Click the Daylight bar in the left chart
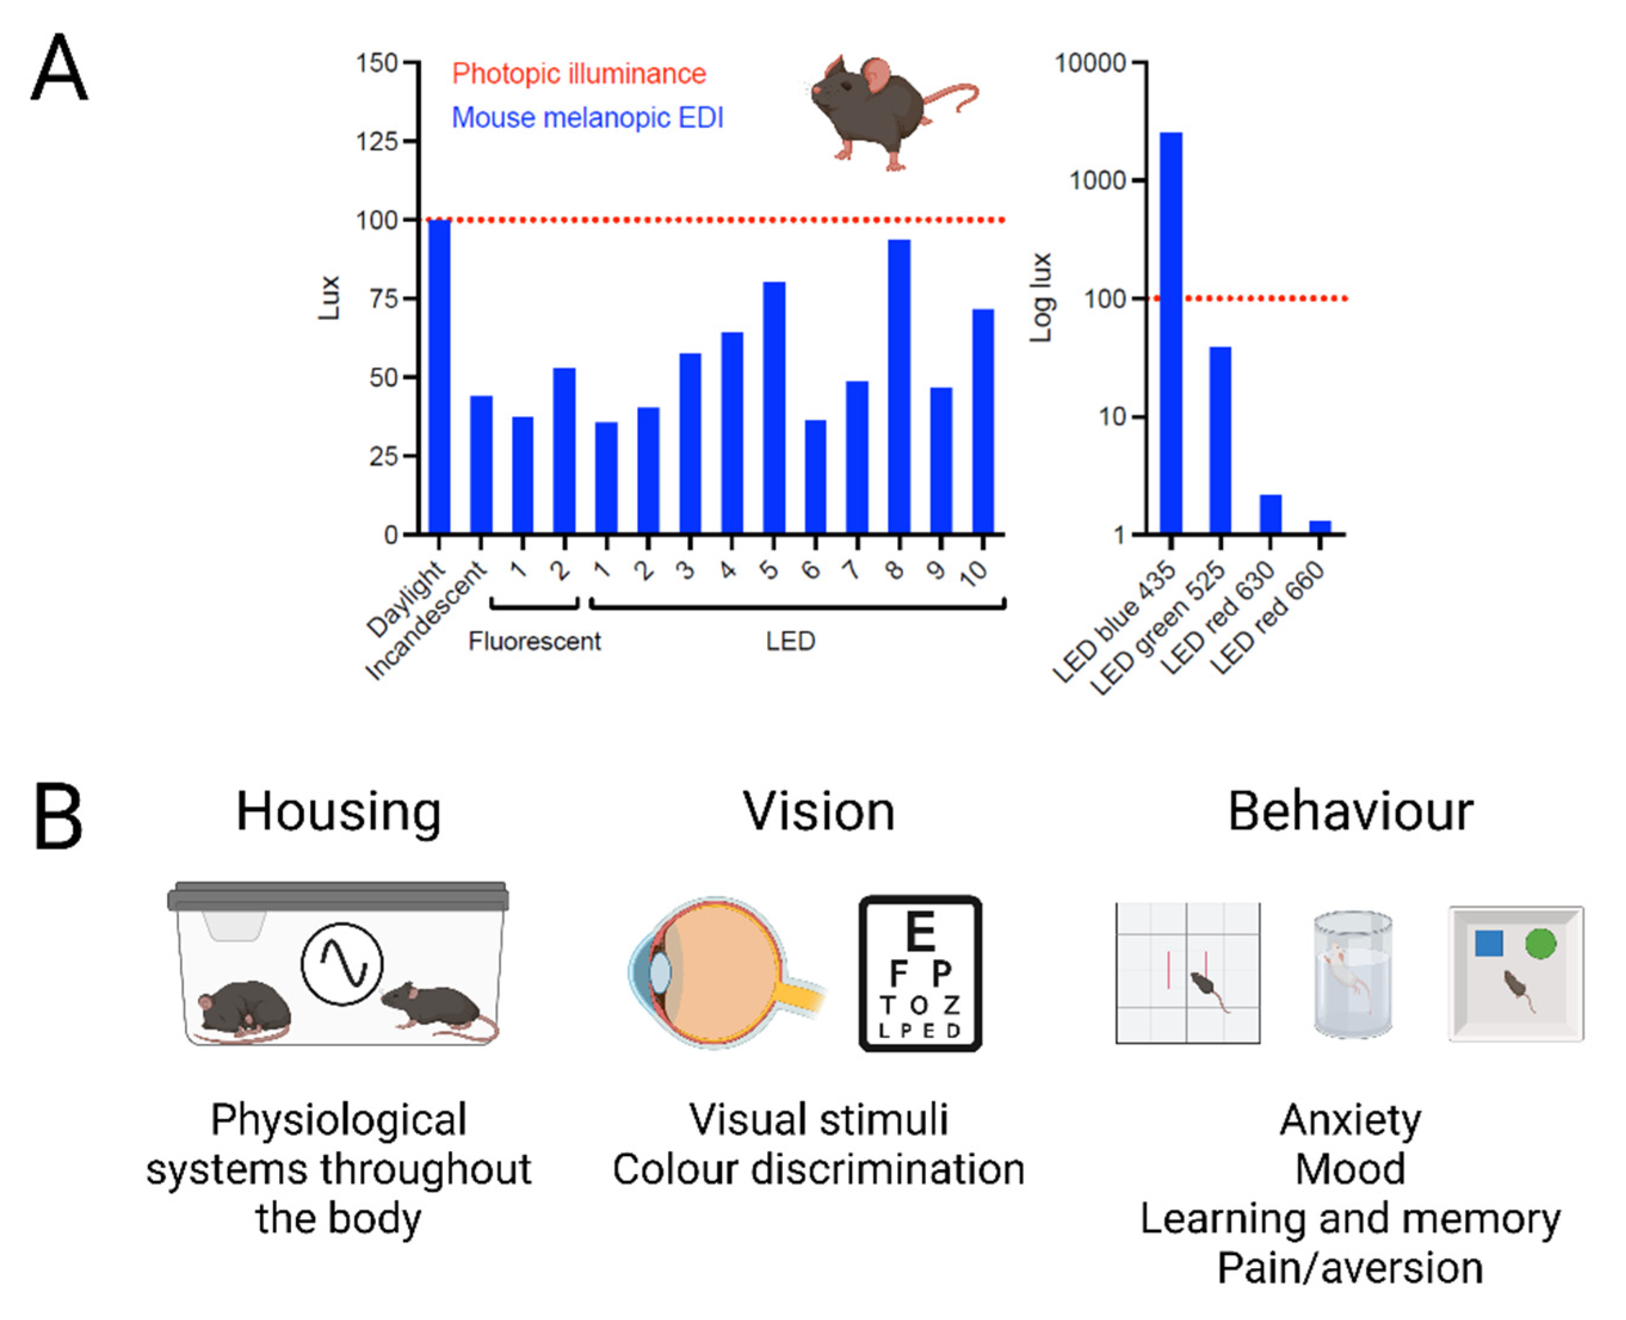pos(439,376)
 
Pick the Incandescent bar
pos(481,464)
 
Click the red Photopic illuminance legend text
pos(579,74)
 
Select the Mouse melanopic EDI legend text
pos(587,118)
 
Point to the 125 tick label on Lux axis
pos(376,141)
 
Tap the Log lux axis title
pos(1040,298)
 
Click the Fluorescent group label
pos(534,642)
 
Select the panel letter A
pos(59,69)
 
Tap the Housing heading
pos(338,812)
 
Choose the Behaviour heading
pos(1350,812)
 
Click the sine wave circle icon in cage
pos(341,963)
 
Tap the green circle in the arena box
pos(1540,944)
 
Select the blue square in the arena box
pos(1488,944)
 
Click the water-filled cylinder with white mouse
pos(1353,975)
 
